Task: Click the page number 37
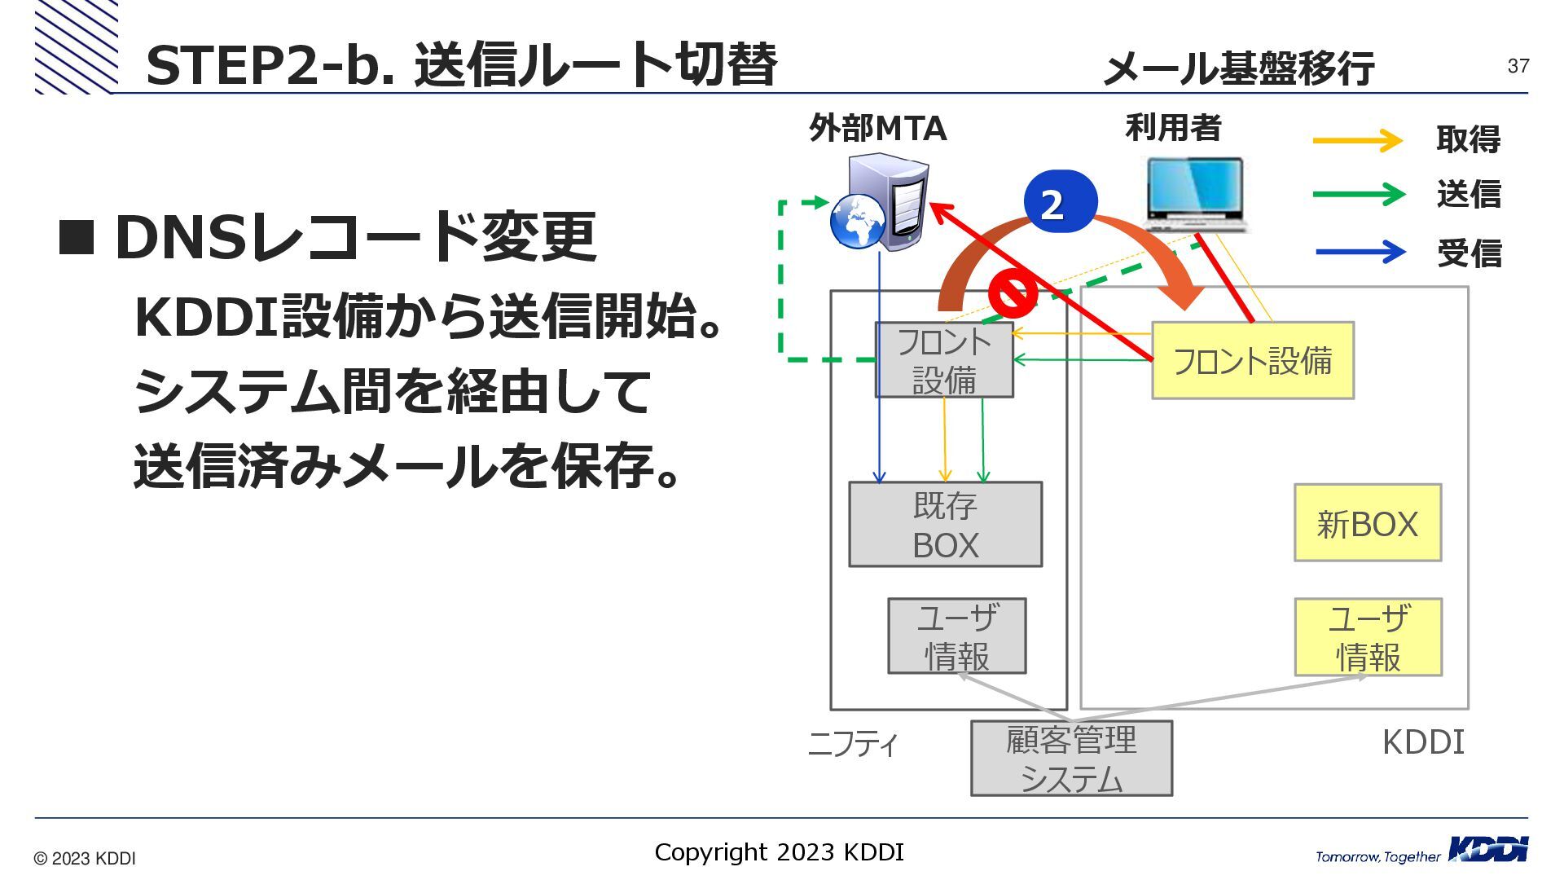pos(1518,66)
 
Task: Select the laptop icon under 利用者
pos(1196,194)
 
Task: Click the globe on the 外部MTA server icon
pos(858,221)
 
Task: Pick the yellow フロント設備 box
pos(1252,360)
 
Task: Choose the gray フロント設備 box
pos(944,360)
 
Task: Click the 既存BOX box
pos(945,524)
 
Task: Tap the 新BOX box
pos(1368,523)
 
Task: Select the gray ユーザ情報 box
pos(956,636)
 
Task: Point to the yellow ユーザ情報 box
pos(1368,637)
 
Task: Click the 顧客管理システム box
pos(1071,759)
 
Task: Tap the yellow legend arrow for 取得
pos(1358,141)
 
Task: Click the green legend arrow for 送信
pos(1358,195)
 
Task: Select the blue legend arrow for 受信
pos(1360,252)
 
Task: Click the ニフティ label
pos(852,744)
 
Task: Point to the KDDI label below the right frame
pos(1423,742)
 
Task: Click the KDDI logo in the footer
pos(1488,849)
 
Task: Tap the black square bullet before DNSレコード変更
pos(77,237)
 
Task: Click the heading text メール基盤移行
pos(1238,68)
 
